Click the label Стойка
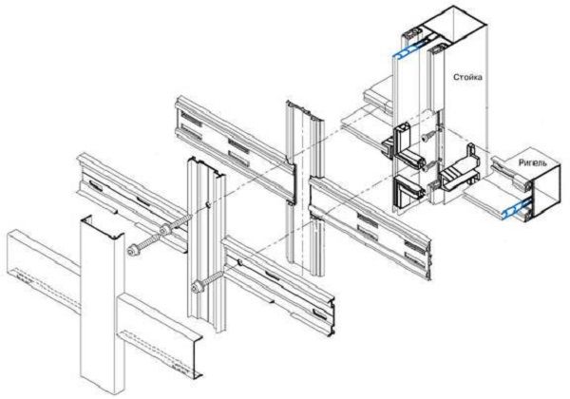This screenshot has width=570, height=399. click(x=467, y=77)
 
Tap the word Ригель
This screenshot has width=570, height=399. click(x=532, y=163)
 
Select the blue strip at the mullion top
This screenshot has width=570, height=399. click(x=410, y=49)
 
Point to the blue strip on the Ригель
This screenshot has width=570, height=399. click(x=517, y=209)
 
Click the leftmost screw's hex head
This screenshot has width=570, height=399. click(x=132, y=251)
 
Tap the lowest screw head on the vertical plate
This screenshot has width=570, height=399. click(x=197, y=285)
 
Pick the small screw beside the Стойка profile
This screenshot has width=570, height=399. click(x=426, y=137)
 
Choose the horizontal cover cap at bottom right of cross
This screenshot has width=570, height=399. click(x=160, y=335)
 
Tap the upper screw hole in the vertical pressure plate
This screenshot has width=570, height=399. click(x=207, y=205)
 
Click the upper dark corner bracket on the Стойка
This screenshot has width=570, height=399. click(x=404, y=145)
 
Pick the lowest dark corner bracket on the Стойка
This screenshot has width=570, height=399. click(x=408, y=193)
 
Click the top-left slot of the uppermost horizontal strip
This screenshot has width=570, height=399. click(x=191, y=119)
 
